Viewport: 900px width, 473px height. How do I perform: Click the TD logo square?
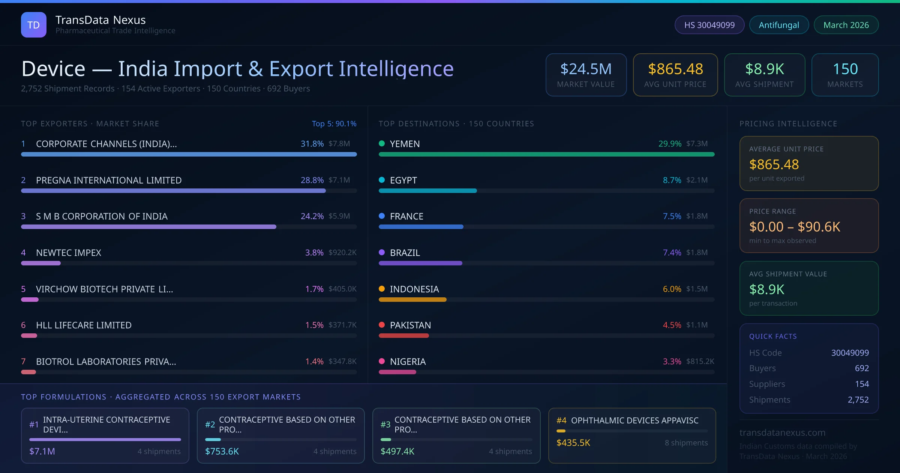33,25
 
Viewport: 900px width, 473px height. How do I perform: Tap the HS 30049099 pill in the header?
709,25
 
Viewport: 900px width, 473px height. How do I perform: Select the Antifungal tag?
778,25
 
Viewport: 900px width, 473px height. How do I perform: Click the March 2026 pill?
846,25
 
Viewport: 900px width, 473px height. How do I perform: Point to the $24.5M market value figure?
586,69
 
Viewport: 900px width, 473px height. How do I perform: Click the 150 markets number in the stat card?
845,69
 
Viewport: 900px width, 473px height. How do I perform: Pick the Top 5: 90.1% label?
334,124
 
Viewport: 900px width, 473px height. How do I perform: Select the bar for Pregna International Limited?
173,191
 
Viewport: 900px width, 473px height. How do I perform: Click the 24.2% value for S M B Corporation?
312,216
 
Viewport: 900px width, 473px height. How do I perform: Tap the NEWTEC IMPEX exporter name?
69,253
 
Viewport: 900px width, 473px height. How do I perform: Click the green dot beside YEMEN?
382,143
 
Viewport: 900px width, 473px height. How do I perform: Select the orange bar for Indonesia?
412,300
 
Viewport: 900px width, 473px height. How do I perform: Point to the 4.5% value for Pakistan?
672,325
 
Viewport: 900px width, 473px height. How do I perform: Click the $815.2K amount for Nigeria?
700,361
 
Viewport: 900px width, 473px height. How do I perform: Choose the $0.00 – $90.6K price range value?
794,227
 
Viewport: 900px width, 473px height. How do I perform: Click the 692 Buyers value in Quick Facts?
861,368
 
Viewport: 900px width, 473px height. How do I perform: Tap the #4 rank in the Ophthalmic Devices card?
561,420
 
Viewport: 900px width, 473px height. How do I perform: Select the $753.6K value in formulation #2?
222,451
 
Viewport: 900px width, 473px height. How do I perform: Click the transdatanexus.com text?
782,432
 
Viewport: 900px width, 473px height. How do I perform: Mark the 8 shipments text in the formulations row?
686,443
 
